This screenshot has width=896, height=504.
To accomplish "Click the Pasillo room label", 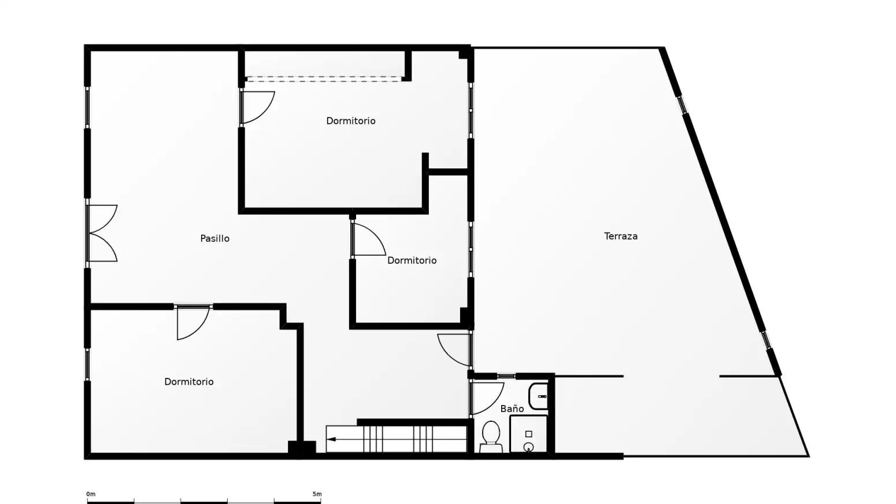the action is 215,238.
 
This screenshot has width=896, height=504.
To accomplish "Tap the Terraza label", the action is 621,236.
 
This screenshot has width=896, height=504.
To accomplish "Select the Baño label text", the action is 512,409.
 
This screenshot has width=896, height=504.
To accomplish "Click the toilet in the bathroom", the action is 491,437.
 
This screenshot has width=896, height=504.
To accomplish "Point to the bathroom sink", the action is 538,396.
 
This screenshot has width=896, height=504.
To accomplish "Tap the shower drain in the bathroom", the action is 528,446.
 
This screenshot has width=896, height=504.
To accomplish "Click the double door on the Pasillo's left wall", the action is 102,233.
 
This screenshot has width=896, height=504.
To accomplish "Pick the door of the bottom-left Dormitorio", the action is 193,323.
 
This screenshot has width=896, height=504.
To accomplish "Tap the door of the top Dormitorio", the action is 258,107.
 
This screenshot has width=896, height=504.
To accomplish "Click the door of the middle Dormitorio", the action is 368,239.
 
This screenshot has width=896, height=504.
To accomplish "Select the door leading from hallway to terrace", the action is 455,350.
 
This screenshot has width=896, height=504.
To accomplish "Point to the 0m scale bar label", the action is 91,494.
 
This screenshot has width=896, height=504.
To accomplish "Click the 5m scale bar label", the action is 317,494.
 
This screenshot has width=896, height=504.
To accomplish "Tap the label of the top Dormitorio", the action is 351,121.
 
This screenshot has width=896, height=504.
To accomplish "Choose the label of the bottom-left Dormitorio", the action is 189,382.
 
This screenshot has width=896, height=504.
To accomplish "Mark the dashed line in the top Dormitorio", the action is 323,79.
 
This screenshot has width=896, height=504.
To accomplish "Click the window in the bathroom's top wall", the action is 506,376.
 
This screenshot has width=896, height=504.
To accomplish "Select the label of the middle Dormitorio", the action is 412,260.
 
